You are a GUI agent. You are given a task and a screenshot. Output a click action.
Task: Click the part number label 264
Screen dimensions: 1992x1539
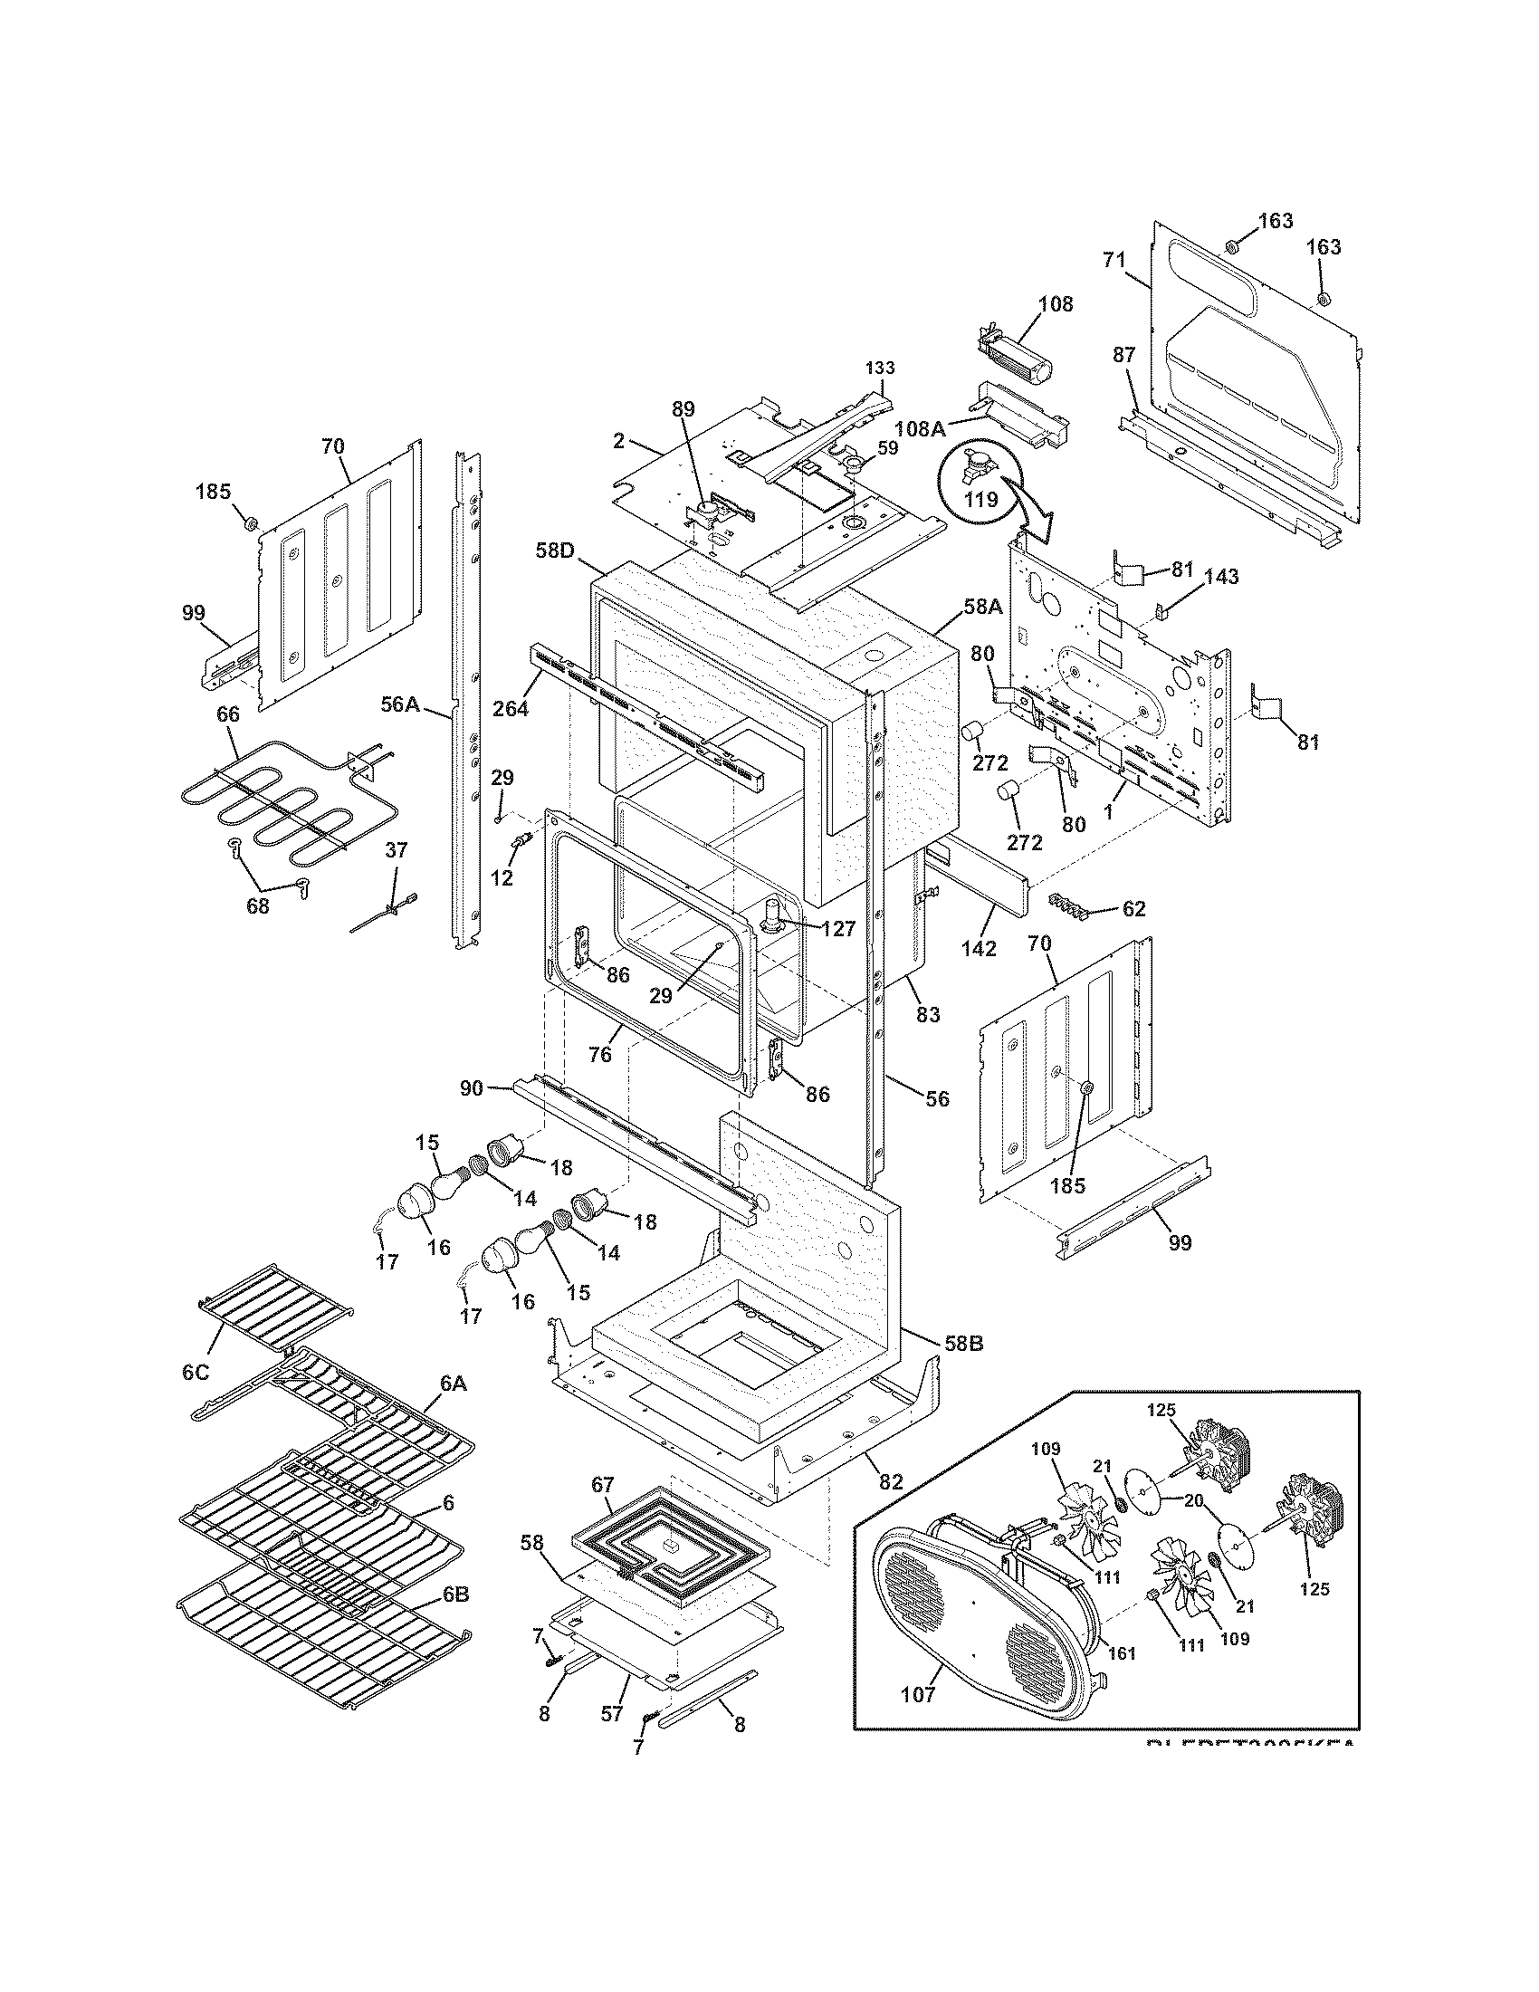coord(510,707)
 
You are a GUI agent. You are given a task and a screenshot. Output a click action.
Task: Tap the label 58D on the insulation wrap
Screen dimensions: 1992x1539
coord(555,552)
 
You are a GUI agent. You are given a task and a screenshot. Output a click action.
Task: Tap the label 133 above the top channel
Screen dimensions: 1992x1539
coord(880,368)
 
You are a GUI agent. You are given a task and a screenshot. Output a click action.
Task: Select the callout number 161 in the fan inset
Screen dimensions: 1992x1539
coord(1120,1652)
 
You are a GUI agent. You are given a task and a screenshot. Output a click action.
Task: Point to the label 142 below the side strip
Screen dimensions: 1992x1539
coord(979,948)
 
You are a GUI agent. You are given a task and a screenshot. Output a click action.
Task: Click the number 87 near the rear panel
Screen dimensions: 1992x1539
coord(1124,355)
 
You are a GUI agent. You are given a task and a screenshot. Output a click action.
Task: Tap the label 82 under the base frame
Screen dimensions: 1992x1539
coord(890,1482)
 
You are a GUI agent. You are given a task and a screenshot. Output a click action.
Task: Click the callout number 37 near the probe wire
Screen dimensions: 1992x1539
coord(396,850)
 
